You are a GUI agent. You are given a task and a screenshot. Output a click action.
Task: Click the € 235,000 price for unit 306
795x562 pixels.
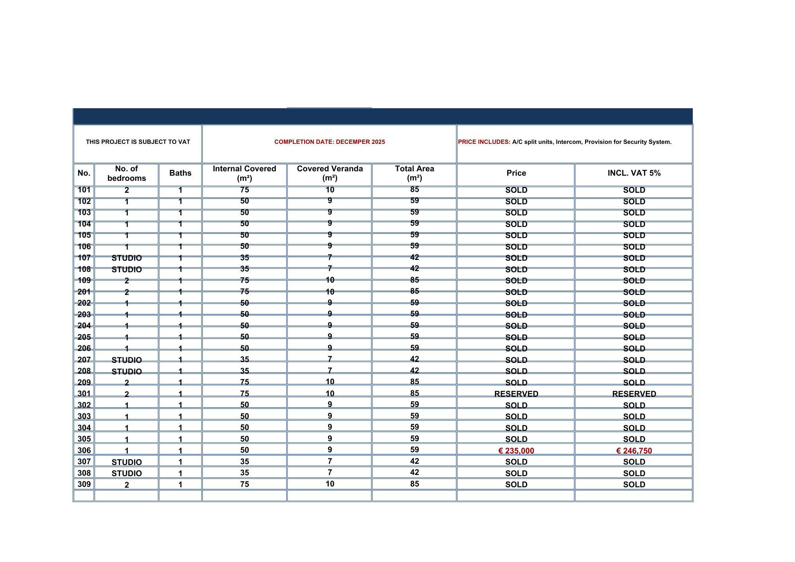(516, 451)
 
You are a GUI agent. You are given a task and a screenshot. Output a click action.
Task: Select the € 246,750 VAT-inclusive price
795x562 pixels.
(634, 451)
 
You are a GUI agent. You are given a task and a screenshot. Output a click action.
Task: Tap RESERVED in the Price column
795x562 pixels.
(516, 394)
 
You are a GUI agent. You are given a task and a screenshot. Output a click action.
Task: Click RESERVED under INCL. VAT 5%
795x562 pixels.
(634, 394)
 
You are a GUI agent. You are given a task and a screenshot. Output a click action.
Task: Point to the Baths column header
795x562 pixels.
(180, 173)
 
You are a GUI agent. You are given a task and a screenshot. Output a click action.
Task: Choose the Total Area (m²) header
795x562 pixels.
(414, 173)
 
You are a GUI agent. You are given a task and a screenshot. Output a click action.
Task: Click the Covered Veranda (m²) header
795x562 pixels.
(330, 173)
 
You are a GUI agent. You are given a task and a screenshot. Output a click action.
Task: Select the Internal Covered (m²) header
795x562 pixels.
(244, 173)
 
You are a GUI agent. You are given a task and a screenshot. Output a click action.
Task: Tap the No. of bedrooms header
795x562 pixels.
(126, 173)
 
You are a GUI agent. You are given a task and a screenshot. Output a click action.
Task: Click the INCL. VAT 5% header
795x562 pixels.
(634, 173)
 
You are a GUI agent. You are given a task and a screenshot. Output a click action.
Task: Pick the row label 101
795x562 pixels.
(84, 190)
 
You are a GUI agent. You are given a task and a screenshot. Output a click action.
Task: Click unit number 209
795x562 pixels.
(84, 382)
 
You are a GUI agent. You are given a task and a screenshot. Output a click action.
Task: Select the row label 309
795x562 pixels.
(84, 484)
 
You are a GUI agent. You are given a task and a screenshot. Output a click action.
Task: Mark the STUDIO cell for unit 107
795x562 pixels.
(126, 258)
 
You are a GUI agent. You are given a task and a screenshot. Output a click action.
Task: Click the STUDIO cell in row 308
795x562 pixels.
(126, 473)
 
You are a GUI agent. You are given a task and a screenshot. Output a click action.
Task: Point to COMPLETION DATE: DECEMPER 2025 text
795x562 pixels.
(330, 142)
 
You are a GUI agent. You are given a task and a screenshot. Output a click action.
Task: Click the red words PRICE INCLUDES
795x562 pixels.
(484, 142)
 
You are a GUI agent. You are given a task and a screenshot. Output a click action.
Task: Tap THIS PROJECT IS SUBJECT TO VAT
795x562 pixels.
(138, 142)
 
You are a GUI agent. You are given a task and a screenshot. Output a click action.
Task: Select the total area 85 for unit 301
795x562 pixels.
(414, 393)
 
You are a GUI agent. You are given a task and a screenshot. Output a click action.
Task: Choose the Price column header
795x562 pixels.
(516, 173)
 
